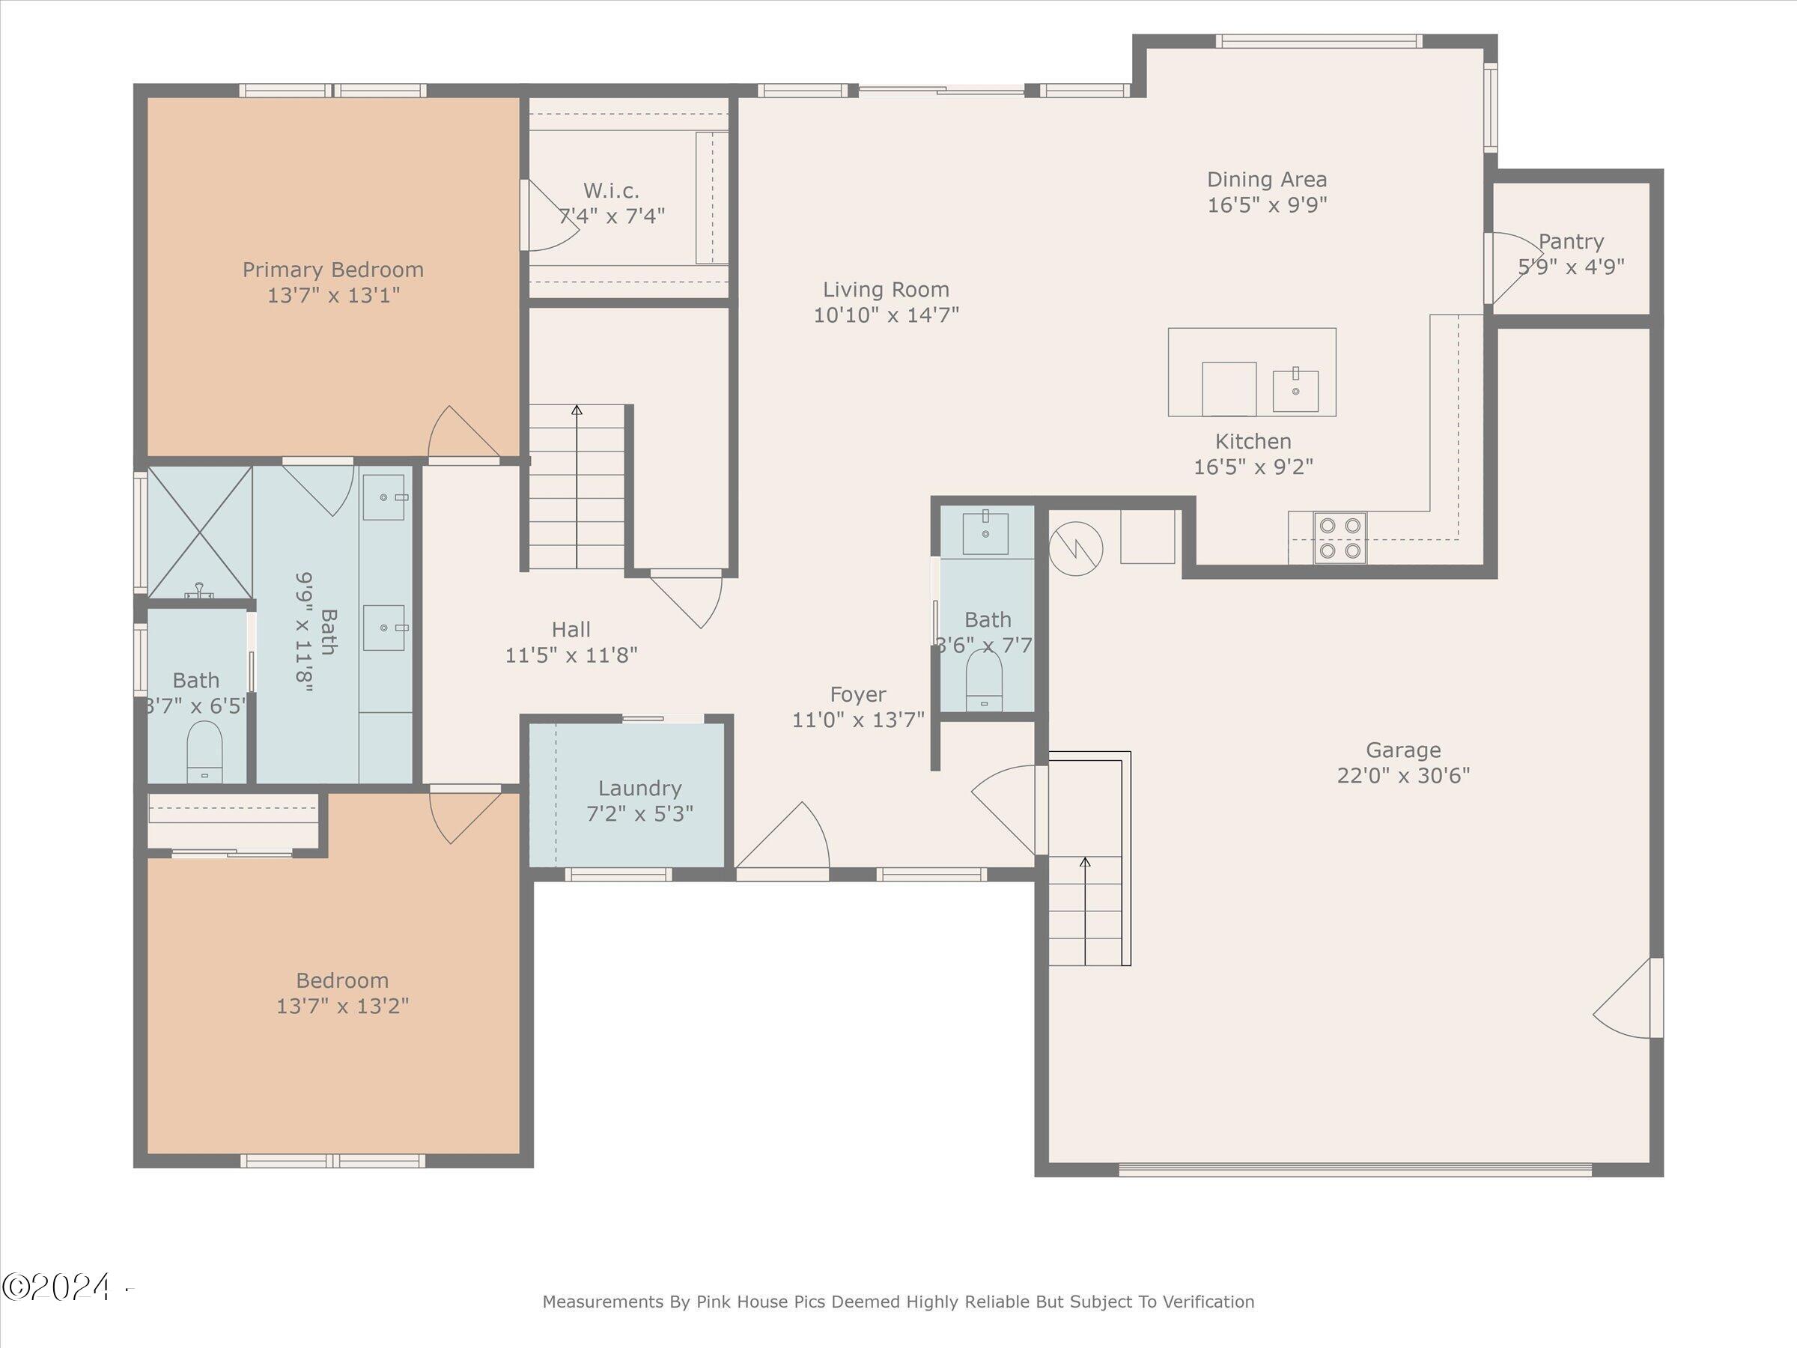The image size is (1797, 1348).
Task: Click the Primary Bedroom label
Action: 333,270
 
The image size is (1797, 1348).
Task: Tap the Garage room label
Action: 1403,750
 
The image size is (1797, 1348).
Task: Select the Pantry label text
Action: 1571,241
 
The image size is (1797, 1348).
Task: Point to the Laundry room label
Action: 640,788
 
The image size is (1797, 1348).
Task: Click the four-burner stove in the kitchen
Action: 1340,538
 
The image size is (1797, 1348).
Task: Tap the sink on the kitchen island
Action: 1295,390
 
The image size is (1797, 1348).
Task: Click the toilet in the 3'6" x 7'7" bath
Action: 985,680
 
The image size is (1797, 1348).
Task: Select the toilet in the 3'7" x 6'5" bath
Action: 204,753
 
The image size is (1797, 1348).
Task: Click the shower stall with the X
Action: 200,532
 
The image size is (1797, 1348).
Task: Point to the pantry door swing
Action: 1513,268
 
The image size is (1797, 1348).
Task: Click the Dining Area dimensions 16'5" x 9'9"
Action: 1268,204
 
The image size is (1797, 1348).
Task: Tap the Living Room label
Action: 886,289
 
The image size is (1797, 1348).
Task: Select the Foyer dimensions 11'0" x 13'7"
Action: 859,720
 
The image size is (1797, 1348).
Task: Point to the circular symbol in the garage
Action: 1076,549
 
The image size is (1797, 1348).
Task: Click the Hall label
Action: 571,630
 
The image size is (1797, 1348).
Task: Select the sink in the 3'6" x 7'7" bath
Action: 985,532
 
